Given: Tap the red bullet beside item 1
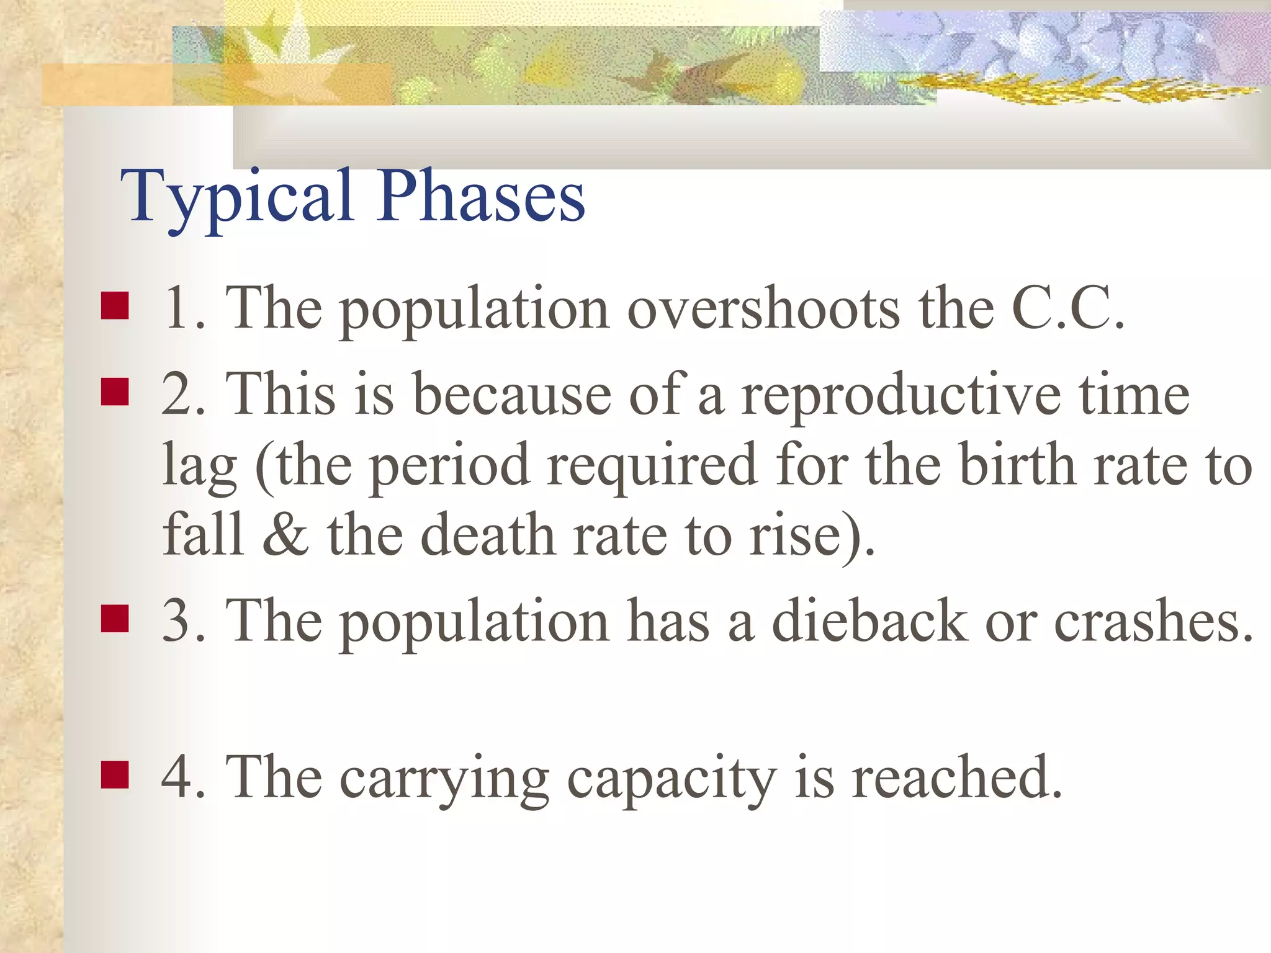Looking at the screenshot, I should [115, 306].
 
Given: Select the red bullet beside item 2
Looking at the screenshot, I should [115, 392].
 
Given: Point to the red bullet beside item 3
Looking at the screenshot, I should [115, 619].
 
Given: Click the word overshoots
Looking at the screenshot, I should [763, 308].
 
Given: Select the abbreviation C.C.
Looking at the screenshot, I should [1067, 308].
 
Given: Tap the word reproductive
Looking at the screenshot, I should [900, 395].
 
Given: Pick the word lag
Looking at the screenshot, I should [199, 467].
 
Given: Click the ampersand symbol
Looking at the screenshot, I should [285, 535].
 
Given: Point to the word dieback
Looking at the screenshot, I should [869, 620].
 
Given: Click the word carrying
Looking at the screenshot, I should [444, 779].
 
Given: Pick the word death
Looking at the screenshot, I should [488, 535].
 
